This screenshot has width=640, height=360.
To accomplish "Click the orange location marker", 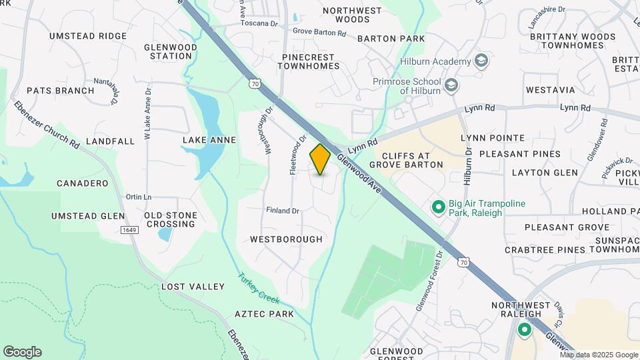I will (x=320, y=159).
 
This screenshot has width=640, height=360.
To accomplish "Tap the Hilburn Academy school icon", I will (x=481, y=61).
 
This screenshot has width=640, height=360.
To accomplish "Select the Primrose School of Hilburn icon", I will (x=451, y=85).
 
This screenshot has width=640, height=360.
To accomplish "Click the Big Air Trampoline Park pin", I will (x=438, y=207).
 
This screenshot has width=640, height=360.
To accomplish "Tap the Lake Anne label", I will (x=209, y=140).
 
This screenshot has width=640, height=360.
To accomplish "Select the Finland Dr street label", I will (x=283, y=211).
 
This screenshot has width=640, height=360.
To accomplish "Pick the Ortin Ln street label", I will (x=139, y=197).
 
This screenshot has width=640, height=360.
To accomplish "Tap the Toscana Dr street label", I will (x=259, y=23).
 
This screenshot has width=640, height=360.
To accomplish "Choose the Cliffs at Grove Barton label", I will (x=406, y=159).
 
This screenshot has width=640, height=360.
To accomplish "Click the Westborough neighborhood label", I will (x=286, y=239).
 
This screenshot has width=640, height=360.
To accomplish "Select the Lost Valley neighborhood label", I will (x=193, y=287).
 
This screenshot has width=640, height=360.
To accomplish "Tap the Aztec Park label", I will (x=264, y=313).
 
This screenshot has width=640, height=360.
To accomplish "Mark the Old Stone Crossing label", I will (x=171, y=219).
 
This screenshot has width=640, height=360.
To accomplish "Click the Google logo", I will (x=22, y=352).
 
